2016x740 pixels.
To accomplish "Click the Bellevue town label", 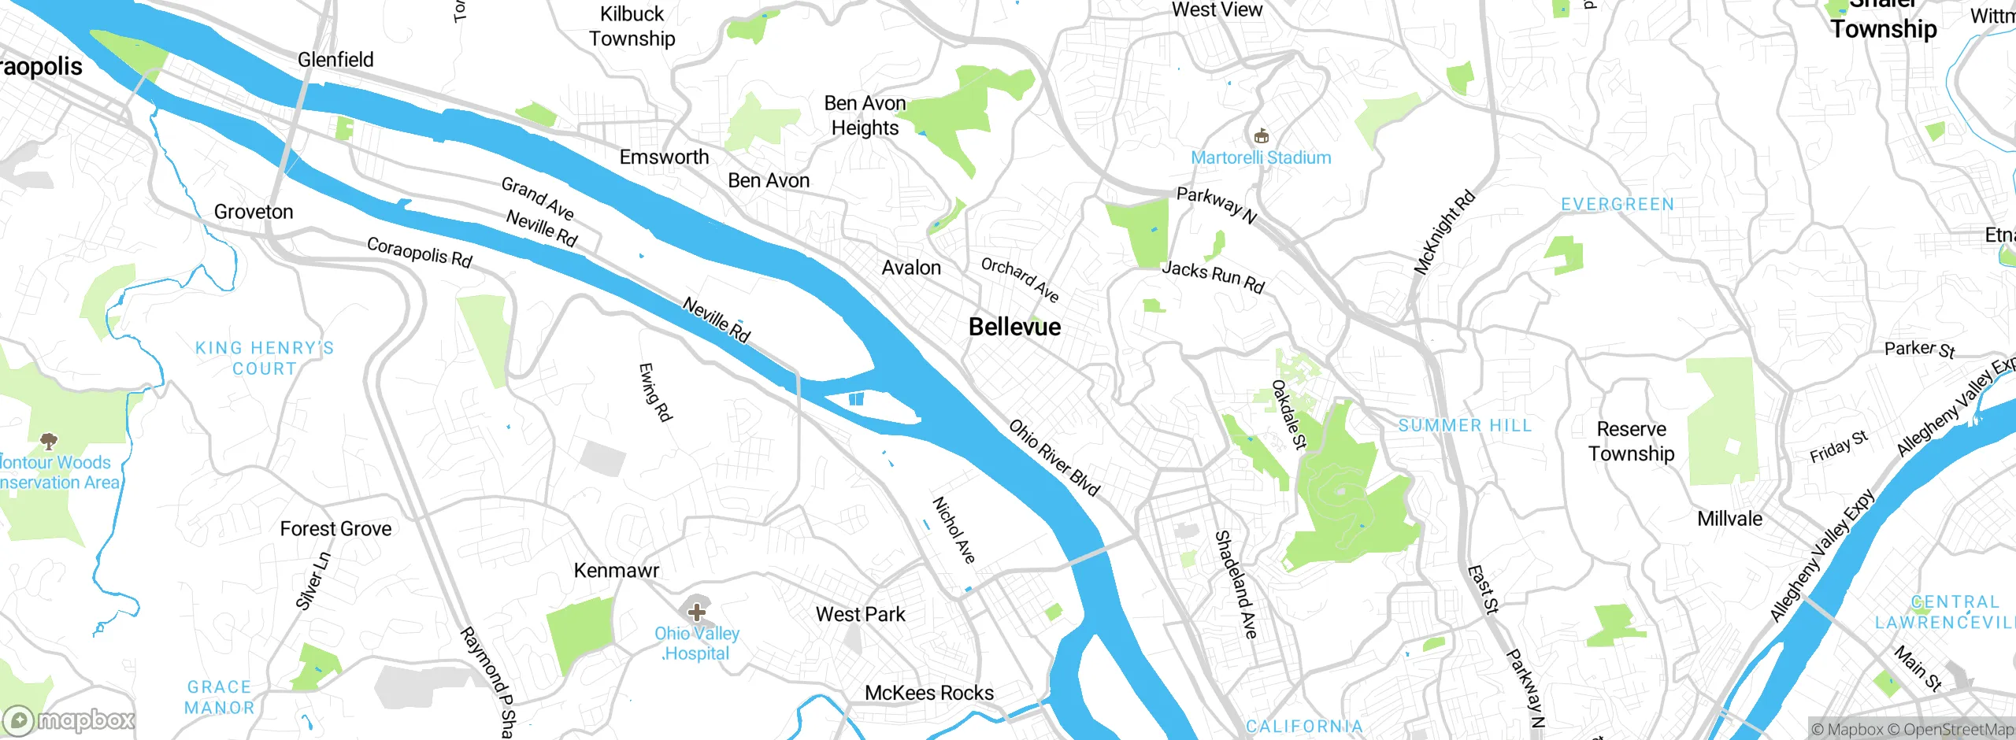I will click(1014, 327).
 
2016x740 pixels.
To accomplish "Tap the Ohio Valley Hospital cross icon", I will click(696, 612).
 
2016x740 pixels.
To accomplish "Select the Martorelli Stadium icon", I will click(1261, 136).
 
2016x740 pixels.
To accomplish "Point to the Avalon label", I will click(911, 268).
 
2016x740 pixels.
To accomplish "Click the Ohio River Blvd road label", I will click(1054, 457).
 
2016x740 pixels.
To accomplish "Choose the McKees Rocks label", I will click(929, 693).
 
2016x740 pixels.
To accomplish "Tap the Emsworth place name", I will click(664, 157).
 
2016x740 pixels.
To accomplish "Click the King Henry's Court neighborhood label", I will click(265, 358).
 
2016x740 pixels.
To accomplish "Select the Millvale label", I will click(1729, 519).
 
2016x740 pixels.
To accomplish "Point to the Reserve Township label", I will click(1631, 441).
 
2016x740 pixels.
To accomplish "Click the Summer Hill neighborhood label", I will click(1465, 426).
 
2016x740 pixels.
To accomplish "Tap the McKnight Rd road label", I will click(1443, 232).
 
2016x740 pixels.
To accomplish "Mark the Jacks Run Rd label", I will click(1213, 277).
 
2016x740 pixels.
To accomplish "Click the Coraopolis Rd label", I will click(419, 253).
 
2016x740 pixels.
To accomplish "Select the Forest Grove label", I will click(335, 528).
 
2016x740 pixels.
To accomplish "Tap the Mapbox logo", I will click(69, 720).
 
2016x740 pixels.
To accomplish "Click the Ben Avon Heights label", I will click(865, 116).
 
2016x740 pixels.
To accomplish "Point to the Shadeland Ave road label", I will click(1236, 584).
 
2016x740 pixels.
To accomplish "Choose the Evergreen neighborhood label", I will click(1618, 205).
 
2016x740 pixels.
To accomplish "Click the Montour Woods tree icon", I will click(49, 441).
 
